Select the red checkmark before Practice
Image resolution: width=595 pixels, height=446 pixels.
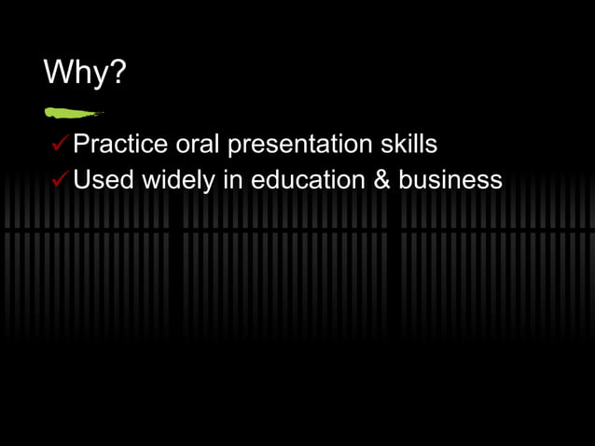[x=61, y=145]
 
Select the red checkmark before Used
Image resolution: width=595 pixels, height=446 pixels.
[x=61, y=179]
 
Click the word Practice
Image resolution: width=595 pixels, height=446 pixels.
[x=121, y=145]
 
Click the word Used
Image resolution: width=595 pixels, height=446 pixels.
[x=104, y=179]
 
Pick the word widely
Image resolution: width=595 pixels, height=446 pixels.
[x=178, y=180]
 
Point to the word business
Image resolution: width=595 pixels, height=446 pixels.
[x=450, y=179]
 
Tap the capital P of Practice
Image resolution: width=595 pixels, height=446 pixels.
[x=81, y=145]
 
